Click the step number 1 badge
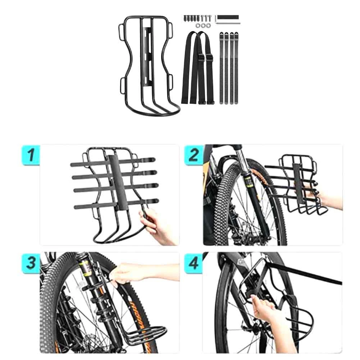(x=31, y=155)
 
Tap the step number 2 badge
(x=193, y=155)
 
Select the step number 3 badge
(x=31, y=263)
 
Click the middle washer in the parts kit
(x=204, y=26)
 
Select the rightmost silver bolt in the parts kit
(x=210, y=18)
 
